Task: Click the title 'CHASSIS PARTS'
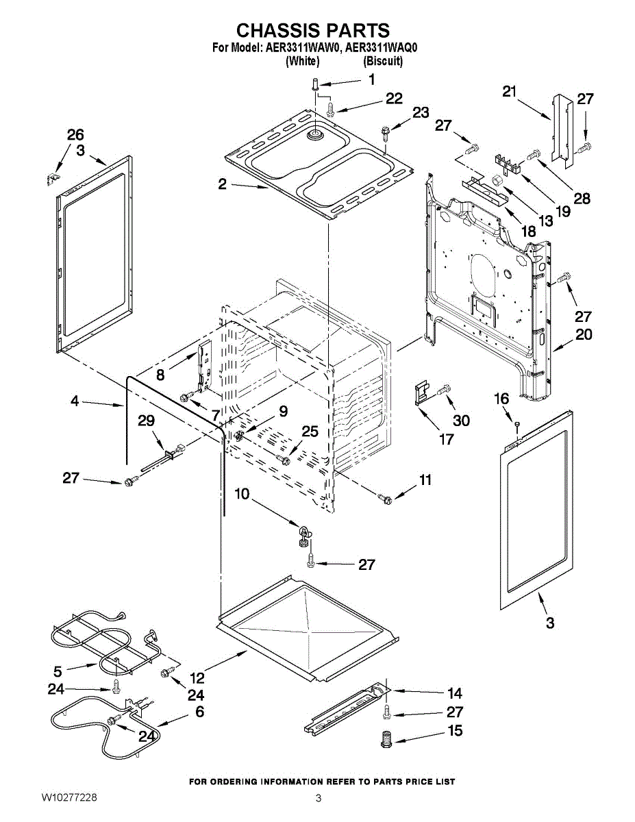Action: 313,31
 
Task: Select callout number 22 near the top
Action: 394,99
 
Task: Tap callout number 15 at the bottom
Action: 456,731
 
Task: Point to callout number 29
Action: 146,421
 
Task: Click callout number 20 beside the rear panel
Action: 584,335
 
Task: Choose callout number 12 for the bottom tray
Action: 197,678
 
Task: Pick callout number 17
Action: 447,438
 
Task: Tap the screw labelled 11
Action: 385,499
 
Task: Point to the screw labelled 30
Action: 443,390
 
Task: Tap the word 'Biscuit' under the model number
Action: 383,61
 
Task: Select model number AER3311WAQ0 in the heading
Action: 382,48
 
